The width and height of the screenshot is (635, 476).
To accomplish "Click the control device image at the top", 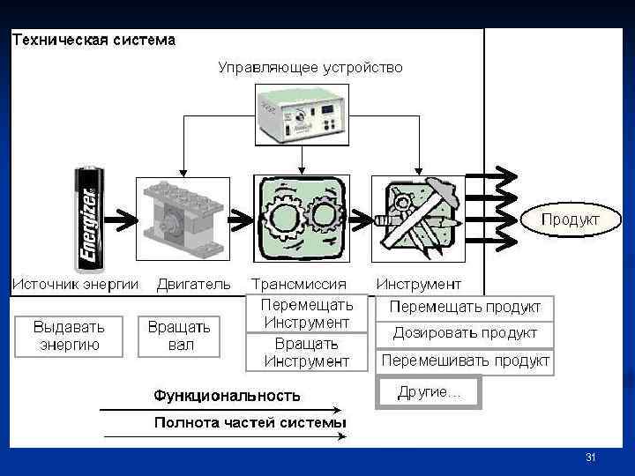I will (x=301, y=114).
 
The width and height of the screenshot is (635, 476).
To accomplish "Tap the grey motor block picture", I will (x=183, y=219).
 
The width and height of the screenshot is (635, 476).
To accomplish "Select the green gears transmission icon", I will (x=301, y=219).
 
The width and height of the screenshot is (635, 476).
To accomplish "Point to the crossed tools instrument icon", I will (x=417, y=219).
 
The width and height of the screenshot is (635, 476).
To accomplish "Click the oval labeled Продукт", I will (x=570, y=219).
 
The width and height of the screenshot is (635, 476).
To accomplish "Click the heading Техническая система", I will (x=93, y=40).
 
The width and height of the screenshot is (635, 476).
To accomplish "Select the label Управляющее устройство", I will (x=310, y=67).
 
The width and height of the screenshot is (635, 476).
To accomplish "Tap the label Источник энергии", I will (x=76, y=284).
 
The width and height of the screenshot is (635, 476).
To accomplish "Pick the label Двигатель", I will (x=194, y=284).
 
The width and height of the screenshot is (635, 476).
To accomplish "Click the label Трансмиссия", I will (x=299, y=284).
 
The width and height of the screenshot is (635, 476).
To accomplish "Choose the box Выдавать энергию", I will (x=69, y=336).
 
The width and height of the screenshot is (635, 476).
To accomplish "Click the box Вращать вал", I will (x=180, y=336).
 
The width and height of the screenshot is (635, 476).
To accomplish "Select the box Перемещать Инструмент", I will (x=307, y=314).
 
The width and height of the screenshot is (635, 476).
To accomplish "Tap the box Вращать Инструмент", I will (x=307, y=353).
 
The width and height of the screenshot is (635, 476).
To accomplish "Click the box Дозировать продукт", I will (x=465, y=333).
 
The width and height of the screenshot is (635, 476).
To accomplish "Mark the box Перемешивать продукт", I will (x=465, y=361).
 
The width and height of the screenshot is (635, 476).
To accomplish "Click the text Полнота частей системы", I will (x=250, y=423).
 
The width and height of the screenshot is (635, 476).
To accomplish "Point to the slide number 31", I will (x=591, y=457).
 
